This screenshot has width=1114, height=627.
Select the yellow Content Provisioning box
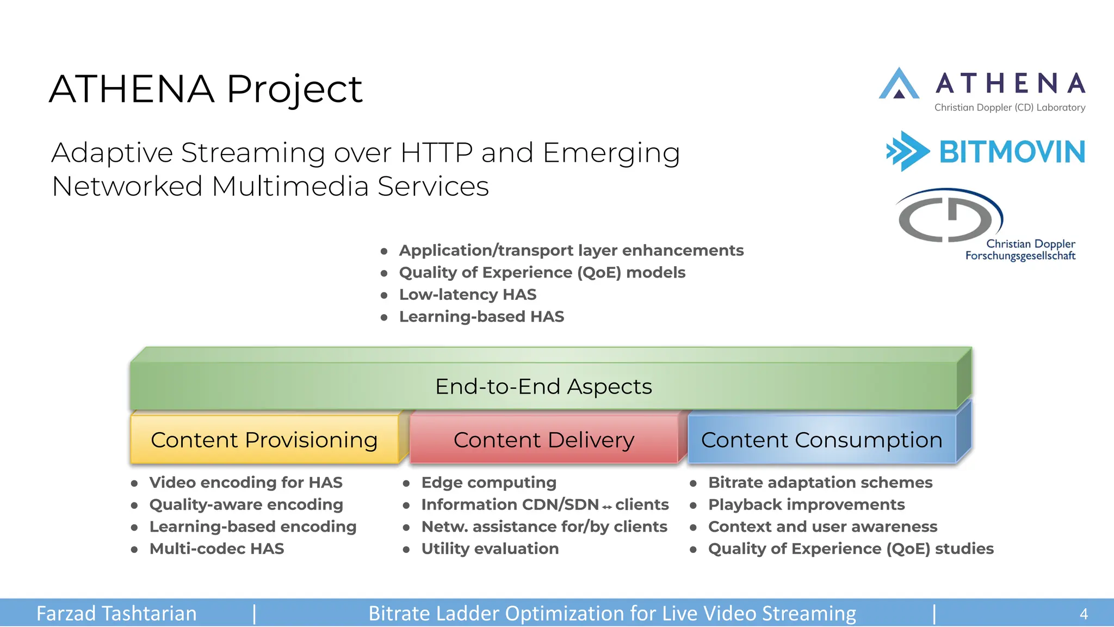point(264,440)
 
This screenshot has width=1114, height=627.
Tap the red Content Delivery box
point(544,440)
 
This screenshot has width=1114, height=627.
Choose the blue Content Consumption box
point(821,440)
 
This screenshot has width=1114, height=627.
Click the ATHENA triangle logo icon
point(899,84)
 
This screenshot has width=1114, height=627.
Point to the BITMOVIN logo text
point(1012,152)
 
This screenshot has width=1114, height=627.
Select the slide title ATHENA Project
point(206,89)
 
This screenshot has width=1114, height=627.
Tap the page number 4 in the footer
point(1084,614)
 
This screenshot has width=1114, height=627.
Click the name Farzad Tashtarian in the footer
point(116,613)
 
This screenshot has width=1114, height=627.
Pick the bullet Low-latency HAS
point(467,294)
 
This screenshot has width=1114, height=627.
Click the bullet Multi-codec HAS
point(216,549)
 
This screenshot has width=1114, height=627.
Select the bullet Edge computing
point(488,482)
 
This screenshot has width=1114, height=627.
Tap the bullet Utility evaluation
point(490,549)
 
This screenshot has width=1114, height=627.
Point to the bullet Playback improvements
point(806,505)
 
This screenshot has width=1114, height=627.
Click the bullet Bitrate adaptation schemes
point(820,482)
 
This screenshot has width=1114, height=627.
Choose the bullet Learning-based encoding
point(253,526)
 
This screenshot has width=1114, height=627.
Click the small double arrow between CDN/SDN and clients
point(607,507)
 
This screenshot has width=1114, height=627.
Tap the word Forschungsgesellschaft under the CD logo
point(1020,256)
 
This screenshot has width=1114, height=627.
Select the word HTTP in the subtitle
point(436,152)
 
